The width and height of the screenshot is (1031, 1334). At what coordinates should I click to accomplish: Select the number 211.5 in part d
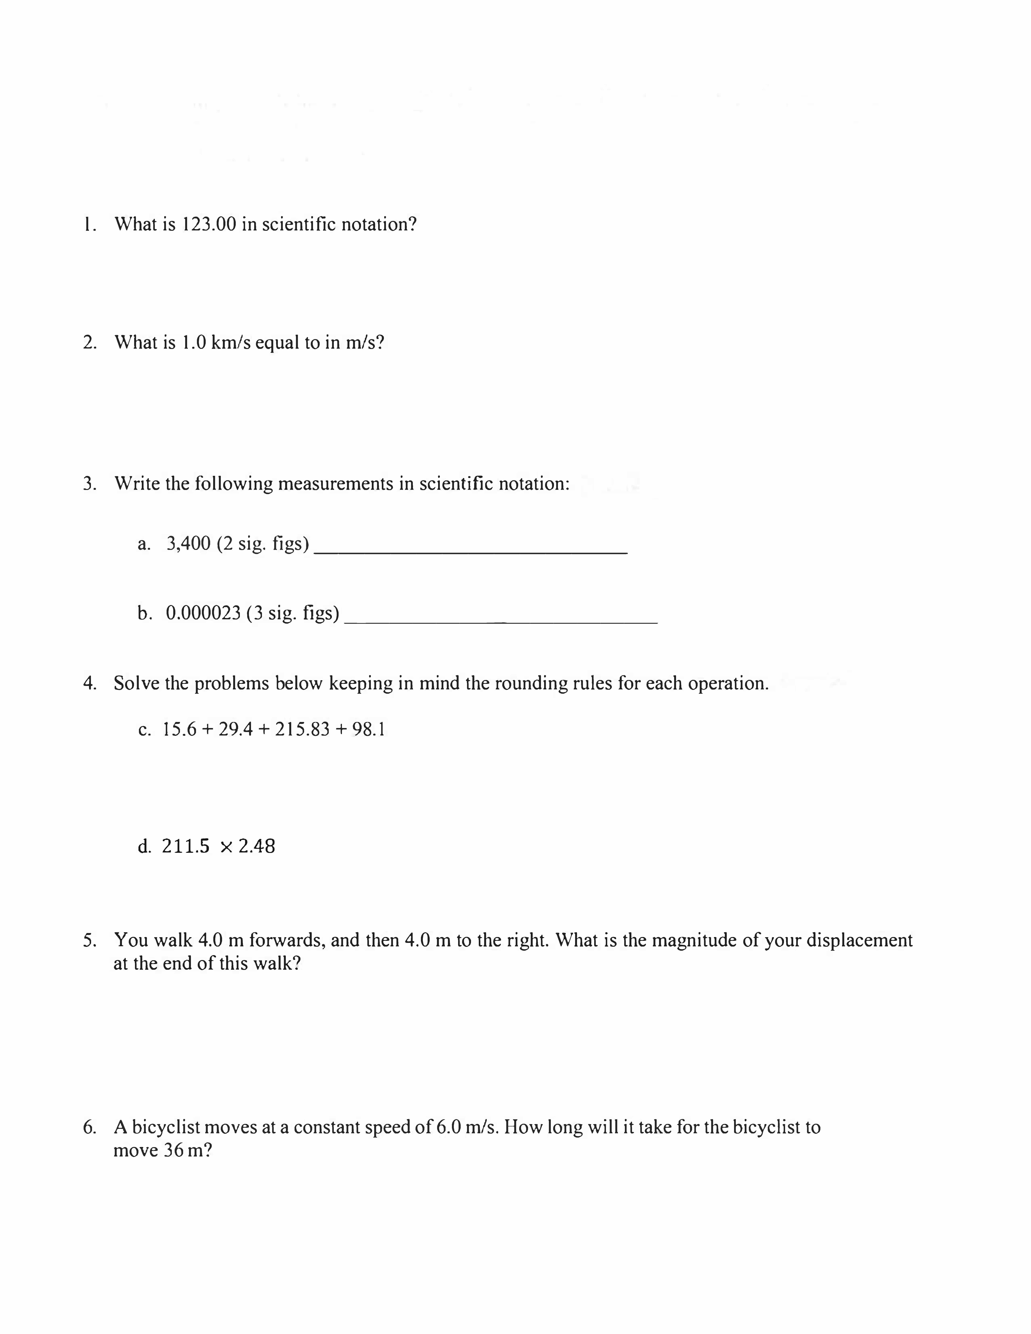click(x=186, y=847)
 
